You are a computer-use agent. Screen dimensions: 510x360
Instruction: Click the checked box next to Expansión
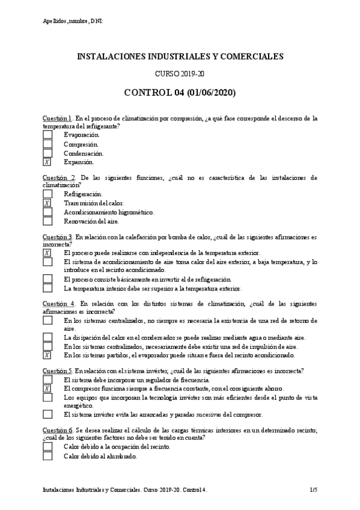(47, 162)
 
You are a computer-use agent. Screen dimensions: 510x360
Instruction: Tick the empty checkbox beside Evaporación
(47, 135)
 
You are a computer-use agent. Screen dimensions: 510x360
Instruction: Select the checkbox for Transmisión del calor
(47, 203)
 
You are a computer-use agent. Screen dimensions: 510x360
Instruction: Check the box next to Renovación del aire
(47, 221)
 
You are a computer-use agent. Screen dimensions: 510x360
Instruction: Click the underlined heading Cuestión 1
(57, 118)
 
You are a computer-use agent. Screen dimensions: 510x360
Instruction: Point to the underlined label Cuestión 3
(57, 236)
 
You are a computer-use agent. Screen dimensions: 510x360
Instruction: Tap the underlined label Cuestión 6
(57, 431)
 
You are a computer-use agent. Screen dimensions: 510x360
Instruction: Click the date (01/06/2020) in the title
(210, 93)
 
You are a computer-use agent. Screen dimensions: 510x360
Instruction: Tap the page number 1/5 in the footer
(313, 491)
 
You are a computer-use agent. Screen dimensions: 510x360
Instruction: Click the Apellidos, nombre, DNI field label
(73, 22)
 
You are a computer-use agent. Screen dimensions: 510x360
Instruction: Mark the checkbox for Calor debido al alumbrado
(47, 456)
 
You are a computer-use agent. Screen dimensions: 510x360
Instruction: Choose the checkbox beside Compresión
(47, 144)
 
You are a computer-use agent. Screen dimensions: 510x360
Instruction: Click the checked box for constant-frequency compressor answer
(47, 389)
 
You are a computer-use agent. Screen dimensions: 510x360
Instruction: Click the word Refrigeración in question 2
(83, 195)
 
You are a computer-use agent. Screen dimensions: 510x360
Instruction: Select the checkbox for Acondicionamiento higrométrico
(47, 212)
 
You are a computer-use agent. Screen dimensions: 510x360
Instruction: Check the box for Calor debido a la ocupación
(47, 447)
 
